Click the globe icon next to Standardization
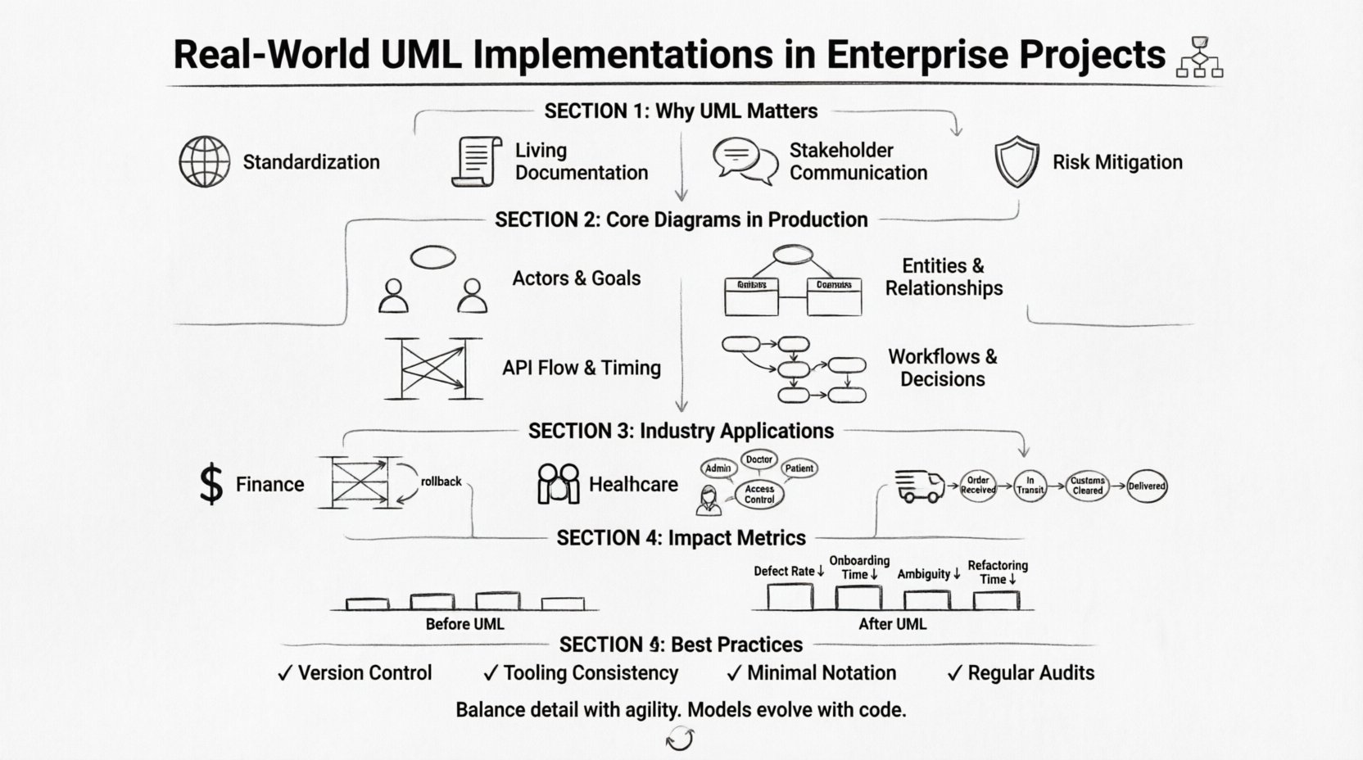204,161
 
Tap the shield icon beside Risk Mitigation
1017,161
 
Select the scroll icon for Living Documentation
477,161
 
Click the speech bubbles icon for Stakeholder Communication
745,161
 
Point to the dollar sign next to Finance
211,483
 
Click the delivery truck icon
919,486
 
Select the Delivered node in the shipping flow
1146,486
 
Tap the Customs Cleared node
1087,486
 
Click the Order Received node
978,486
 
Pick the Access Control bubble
759,494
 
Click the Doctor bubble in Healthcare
758,459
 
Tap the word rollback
441,482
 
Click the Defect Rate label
784,572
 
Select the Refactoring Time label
997,572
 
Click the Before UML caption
464,624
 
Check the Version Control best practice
355,673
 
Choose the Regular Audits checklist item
1021,673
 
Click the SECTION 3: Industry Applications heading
681,431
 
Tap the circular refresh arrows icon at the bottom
680,740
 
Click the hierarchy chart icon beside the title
1198,57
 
